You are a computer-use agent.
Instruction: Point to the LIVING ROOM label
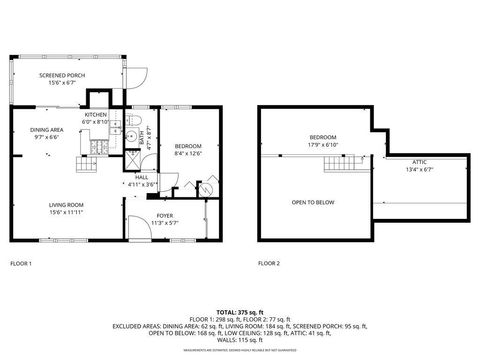click(67, 209)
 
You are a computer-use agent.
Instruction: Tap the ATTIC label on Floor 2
click(420, 164)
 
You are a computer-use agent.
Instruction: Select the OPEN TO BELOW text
click(312, 202)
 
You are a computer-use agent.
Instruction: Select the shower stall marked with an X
click(130, 159)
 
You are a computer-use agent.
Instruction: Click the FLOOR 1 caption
click(21, 263)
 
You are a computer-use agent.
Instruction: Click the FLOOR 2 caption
click(269, 263)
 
